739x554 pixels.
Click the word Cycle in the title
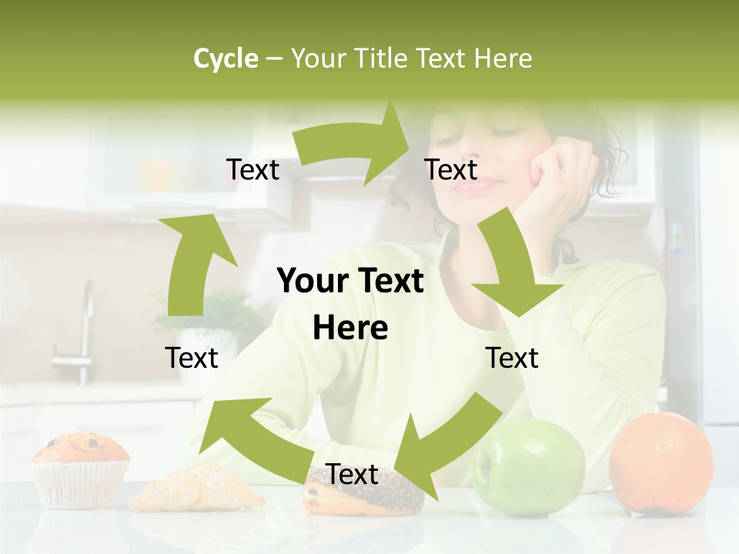coord(226,58)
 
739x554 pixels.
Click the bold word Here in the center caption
coord(350,329)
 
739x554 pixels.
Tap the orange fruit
coord(660,462)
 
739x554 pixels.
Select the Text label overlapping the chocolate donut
coord(352,474)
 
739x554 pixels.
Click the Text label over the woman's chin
coord(451,169)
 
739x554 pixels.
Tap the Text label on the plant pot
coord(192,358)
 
